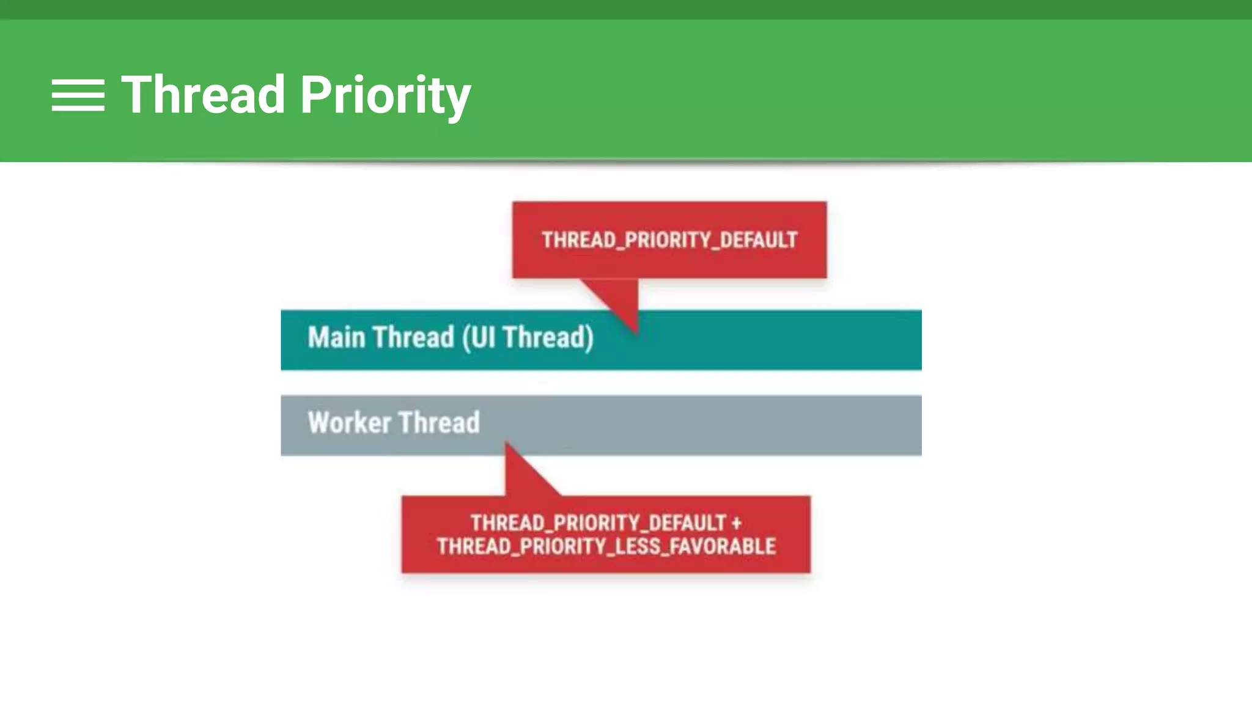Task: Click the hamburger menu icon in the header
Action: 78,95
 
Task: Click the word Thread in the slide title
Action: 204,95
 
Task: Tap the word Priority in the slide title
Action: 385,96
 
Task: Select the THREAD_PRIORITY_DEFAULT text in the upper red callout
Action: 669,240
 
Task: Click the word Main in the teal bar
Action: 336,337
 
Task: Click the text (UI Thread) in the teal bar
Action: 528,337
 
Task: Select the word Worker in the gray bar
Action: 349,423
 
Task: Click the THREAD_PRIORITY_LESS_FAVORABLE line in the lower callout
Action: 606,546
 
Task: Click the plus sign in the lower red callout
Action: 736,523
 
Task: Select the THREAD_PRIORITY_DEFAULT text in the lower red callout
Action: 597,523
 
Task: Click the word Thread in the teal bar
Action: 414,337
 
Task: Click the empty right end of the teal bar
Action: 856,340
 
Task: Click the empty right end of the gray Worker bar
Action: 856,425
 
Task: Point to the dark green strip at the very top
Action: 626,9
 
